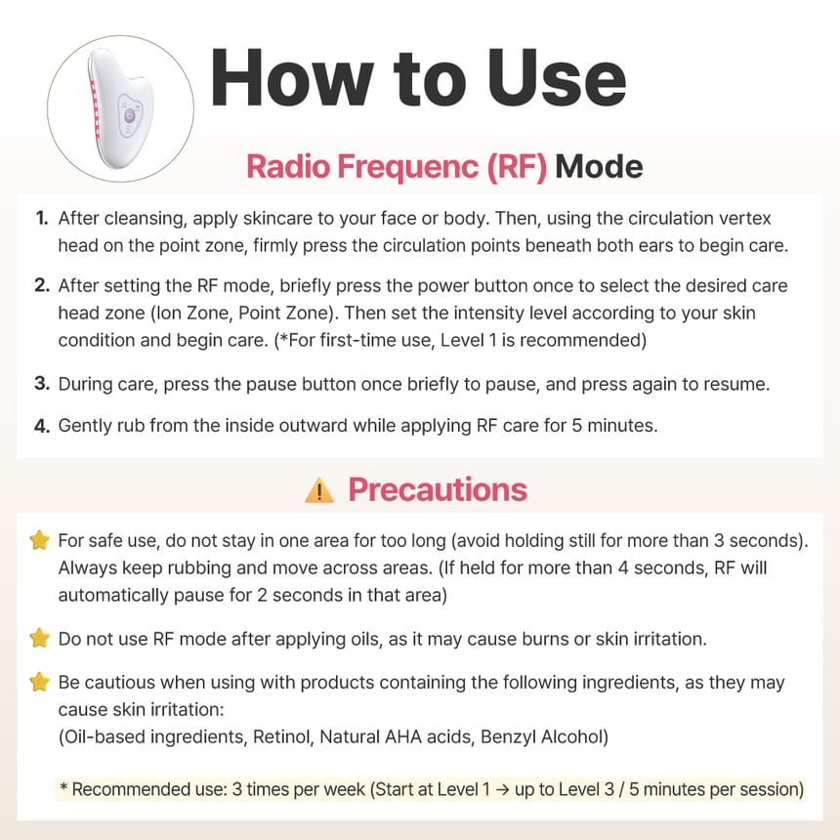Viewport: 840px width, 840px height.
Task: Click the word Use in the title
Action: point(557,78)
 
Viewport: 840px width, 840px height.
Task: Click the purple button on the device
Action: point(130,115)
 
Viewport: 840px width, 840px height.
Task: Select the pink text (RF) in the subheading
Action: point(517,167)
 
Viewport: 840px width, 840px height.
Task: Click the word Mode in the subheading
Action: point(599,167)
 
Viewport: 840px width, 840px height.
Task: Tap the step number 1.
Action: point(42,219)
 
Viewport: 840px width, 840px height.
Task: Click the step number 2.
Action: point(42,285)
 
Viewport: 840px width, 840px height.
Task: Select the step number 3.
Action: point(42,384)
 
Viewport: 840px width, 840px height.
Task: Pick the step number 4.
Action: point(42,426)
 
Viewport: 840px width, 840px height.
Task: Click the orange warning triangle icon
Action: point(319,489)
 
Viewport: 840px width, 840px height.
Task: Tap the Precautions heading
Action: point(438,489)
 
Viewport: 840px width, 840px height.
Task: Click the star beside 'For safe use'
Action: point(40,540)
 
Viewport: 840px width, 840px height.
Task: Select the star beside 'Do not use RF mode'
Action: point(40,638)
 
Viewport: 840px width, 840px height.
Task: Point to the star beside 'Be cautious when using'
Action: point(40,682)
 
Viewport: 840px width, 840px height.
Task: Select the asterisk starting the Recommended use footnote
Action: point(63,787)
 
